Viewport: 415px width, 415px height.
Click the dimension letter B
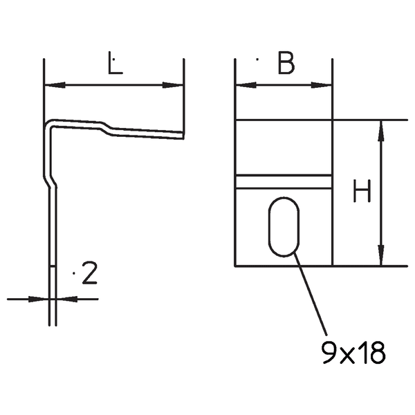point(286,64)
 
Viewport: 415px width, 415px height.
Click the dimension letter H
point(360,192)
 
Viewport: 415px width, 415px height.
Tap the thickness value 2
point(89,275)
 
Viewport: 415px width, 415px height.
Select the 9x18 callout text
point(353,354)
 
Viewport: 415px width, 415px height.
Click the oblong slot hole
point(284,228)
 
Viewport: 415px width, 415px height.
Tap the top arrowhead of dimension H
point(381,129)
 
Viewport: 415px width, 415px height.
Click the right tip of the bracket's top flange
point(183,135)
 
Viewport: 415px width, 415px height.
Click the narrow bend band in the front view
point(284,181)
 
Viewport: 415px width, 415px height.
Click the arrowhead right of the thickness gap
point(65,299)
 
